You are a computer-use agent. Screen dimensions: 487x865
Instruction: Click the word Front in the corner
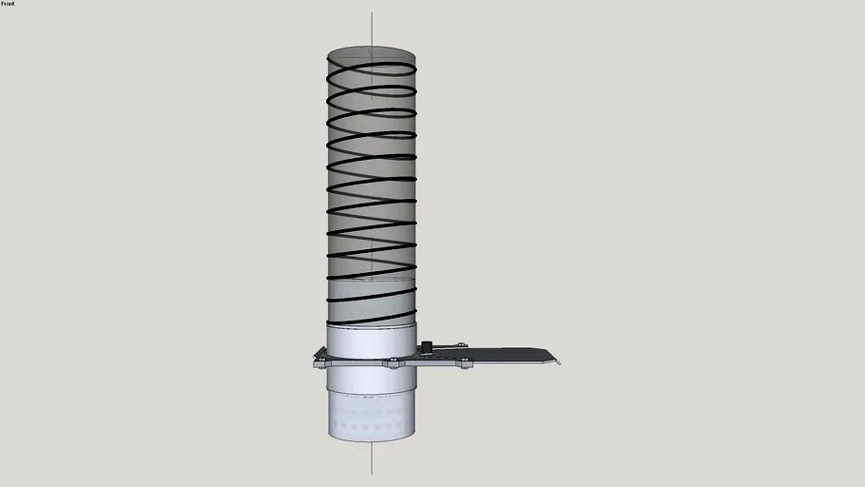coord(8,4)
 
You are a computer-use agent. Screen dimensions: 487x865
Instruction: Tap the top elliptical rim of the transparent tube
coord(372,47)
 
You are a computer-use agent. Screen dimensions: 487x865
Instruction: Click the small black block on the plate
coord(427,344)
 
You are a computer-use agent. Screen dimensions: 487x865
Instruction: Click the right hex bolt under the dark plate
coord(465,362)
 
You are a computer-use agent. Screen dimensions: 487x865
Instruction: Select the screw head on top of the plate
coord(460,344)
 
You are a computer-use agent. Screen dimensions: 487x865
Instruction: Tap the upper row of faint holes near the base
coord(372,416)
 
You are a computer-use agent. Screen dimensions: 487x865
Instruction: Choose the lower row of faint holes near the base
coord(372,429)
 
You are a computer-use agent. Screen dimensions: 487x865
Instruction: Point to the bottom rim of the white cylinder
coord(372,440)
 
